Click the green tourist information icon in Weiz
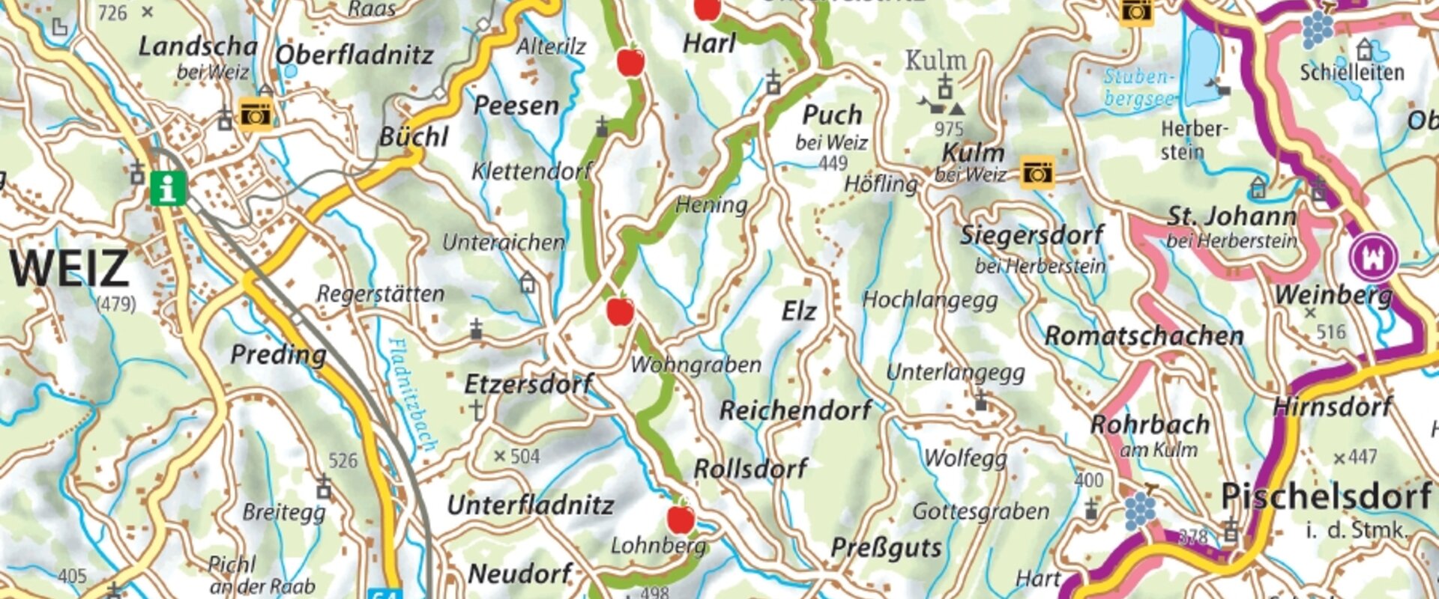coord(168,188)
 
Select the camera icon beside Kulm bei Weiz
coord(1037,172)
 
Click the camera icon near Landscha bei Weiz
coord(256,115)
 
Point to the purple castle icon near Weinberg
coord(1374,257)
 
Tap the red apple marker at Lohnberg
coord(681,518)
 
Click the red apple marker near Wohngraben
coord(620,310)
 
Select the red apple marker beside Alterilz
coord(630,61)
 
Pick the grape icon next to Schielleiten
coord(1317,28)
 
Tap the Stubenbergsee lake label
coord(1138,88)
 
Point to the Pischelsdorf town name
coord(1325,496)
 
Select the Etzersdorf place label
coord(528,384)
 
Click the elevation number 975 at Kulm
coord(949,129)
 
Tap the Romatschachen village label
coord(1144,336)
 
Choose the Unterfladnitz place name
coord(530,505)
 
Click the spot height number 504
coord(525,456)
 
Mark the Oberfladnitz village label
coord(355,55)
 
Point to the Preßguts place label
coord(886,547)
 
